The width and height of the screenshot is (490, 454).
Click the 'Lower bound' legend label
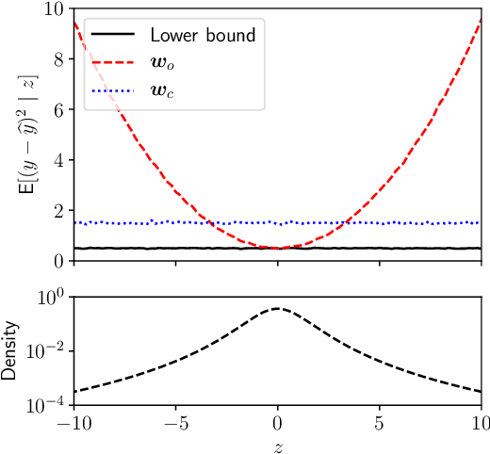(x=204, y=36)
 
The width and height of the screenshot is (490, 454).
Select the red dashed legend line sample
(x=113, y=63)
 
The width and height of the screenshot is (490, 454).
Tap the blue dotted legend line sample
(x=113, y=90)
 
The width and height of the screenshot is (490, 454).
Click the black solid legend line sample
(x=113, y=36)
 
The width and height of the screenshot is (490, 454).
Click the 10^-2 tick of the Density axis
(x=47, y=350)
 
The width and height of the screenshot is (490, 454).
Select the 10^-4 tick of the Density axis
(x=47, y=403)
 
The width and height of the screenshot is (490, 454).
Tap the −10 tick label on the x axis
(x=73, y=422)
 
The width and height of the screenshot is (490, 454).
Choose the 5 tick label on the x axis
(x=380, y=422)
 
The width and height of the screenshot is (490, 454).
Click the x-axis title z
(x=278, y=443)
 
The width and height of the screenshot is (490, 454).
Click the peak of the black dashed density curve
(x=278, y=308)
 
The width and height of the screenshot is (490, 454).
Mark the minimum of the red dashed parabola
(x=278, y=248)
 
